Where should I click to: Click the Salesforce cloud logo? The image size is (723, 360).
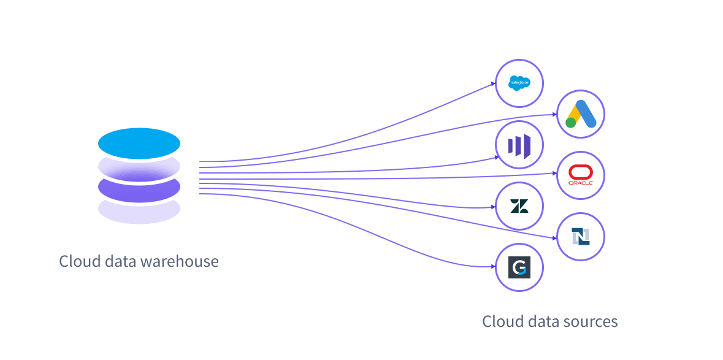click(519, 83)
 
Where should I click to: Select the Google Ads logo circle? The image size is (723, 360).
click(581, 115)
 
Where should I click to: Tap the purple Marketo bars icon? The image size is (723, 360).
click(519, 145)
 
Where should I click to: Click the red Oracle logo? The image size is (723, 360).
click(581, 175)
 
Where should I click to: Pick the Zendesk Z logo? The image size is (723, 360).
click(519, 206)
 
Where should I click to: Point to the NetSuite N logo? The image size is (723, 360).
click(581, 236)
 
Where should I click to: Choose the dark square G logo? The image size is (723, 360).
click(519, 267)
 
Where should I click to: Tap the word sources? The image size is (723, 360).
click(593, 321)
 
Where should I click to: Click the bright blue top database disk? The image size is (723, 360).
click(139, 144)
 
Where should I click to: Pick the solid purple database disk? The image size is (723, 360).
click(139, 189)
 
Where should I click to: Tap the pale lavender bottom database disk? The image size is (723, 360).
click(139, 211)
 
